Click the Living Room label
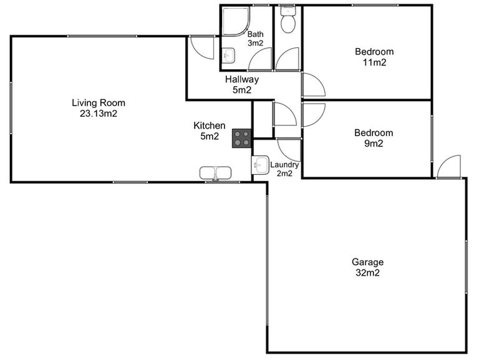point(99,103)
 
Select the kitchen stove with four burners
point(242,139)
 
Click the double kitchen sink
point(215,173)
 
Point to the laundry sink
point(260,165)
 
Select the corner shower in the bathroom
point(234,22)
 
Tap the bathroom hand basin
point(228,55)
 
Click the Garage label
point(367,262)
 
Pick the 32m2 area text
point(367,273)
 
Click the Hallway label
point(242,80)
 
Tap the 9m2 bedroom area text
point(374,143)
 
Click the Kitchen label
point(210,126)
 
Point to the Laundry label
point(284,165)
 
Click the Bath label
point(256,34)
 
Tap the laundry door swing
point(289,148)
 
